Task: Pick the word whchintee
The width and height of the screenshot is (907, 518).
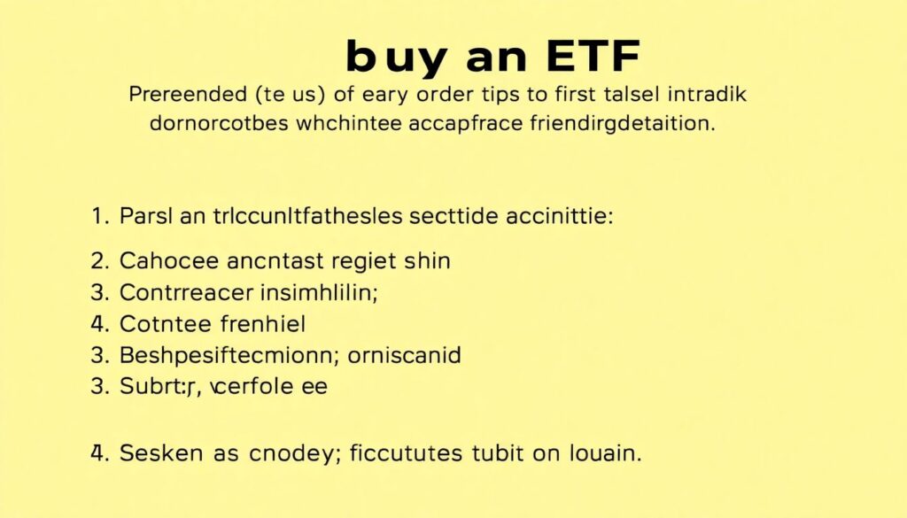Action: [x=348, y=124]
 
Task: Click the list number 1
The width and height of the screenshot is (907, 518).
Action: [x=98, y=215]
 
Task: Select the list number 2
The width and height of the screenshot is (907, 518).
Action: [x=99, y=261]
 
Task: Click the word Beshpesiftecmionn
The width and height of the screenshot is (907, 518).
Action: [x=225, y=356]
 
